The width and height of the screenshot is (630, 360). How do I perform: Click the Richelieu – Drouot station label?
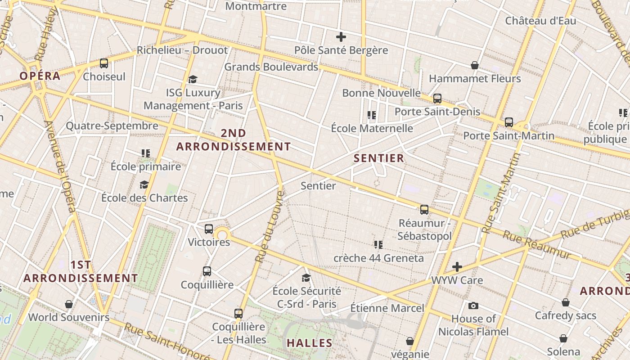[x=182, y=50]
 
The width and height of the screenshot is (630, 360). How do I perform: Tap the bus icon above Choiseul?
[x=104, y=63]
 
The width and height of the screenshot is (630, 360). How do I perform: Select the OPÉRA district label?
[x=40, y=76]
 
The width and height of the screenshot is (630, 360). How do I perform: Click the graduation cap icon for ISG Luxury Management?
[x=193, y=80]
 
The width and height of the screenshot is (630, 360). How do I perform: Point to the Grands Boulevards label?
[x=271, y=67]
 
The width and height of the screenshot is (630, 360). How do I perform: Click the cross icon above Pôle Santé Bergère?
[x=341, y=37]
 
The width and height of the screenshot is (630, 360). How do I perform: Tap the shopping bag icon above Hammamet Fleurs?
[x=474, y=66]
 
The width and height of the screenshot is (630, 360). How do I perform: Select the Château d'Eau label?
[x=540, y=21]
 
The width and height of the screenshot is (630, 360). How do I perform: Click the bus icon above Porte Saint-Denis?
[x=437, y=99]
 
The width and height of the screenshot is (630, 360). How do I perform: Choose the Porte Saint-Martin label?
[x=508, y=135]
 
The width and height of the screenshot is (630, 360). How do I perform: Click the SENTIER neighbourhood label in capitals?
[x=379, y=158]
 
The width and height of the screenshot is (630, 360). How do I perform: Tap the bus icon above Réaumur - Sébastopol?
[x=424, y=210]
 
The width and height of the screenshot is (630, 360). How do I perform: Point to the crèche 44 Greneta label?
[x=378, y=258]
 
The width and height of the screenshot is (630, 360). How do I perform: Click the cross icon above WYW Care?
[x=457, y=267]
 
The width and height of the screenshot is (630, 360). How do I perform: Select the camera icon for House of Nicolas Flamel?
[x=473, y=306]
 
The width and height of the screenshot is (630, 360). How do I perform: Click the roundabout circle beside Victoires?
[x=222, y=234]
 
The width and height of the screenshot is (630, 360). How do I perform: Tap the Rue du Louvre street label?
[x=269, y=227]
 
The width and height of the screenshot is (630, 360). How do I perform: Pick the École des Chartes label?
[x=144, y=198]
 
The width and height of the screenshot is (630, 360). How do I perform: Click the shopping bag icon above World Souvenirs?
[x=69, y=305]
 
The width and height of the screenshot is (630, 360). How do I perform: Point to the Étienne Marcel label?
[x=387, y=308]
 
